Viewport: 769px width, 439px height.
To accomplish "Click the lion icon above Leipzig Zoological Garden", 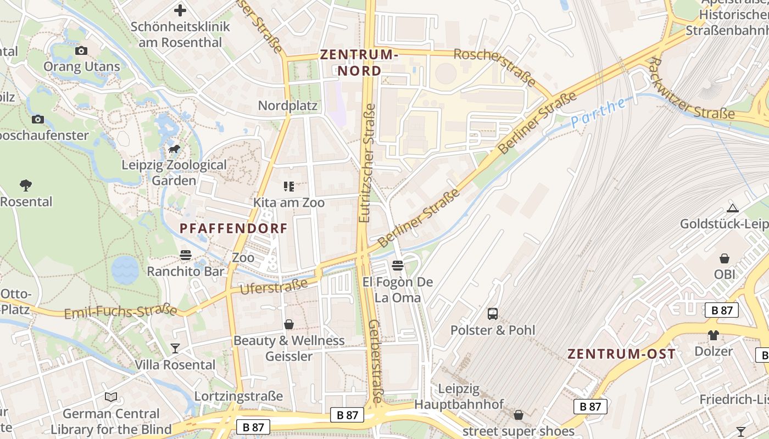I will (174, 149).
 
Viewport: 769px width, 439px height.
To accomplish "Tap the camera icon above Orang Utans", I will (81, 51).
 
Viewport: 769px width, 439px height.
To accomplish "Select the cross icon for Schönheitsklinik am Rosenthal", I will (180, 10).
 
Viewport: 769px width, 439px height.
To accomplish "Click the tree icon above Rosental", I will (25, 185).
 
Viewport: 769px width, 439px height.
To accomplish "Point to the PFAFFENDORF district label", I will (234, 229).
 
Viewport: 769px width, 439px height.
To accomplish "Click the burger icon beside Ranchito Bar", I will (186, 255).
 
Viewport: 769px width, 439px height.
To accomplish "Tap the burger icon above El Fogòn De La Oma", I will (398, 266).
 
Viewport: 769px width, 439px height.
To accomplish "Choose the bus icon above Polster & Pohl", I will (493, 314).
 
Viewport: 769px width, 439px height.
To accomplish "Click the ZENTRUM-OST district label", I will (621, 354).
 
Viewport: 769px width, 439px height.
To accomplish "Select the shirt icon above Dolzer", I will (714, 335).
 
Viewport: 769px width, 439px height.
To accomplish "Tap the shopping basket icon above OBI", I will (725, 258).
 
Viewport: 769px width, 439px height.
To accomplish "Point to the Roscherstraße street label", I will (494, 66).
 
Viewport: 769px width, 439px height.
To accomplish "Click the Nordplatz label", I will (288, 105).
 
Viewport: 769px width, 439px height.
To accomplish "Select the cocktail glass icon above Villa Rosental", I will (175, 348).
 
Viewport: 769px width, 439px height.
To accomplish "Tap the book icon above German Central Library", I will (111, 397).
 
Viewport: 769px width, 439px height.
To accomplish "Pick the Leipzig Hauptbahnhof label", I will (459, 397).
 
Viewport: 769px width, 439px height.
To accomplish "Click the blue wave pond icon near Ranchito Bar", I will (125, 270).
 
